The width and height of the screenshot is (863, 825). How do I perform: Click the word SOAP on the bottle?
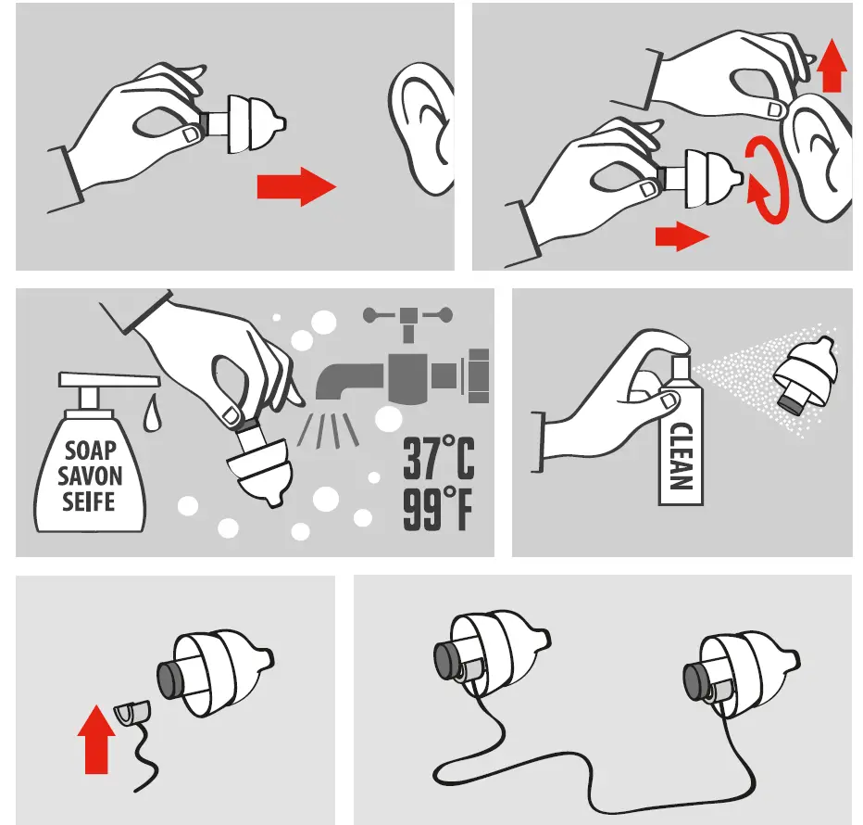click(90, 451)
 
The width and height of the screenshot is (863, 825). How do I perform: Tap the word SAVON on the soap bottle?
click(90, 477)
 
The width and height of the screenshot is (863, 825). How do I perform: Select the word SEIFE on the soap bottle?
click(90, 503)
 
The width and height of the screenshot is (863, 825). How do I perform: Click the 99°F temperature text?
click(436, 511)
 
